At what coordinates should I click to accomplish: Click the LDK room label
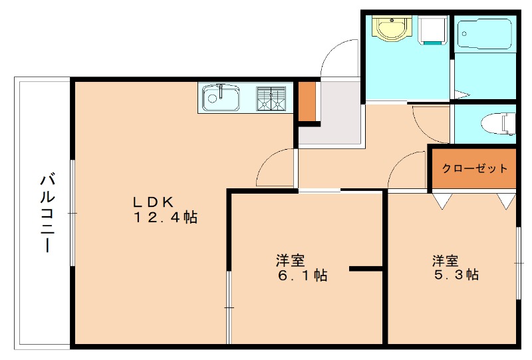(154, 201)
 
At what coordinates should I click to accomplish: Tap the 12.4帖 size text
(166, 217)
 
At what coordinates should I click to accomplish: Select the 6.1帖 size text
(303, 275)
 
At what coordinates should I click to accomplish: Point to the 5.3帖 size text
(454, 274)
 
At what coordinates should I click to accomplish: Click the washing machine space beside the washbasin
(433, 29)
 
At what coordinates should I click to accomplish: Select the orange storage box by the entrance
(307, 102)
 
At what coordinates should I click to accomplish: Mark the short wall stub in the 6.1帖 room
(366, 269)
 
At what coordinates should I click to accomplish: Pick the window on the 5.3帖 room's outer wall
(517, 264)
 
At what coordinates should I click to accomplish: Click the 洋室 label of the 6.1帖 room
(291, 259)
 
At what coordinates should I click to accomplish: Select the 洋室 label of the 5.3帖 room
(445, 259)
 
